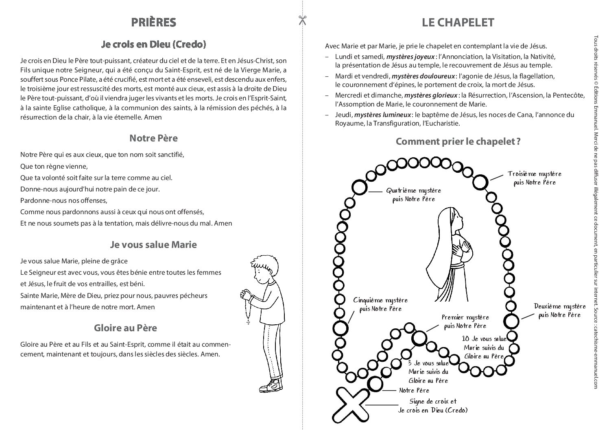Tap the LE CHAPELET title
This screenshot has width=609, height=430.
click(x=458, y=22)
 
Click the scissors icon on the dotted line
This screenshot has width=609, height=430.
click(x=302, y=20)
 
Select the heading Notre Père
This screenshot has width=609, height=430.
click(x=153, y=138)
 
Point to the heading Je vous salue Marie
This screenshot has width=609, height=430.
click(x=153, y=245)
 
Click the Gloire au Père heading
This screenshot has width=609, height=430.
click(x=125, y=328)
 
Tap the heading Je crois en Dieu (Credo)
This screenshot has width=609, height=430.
click(x=153, y=44)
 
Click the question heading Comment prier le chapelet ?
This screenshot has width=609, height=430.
click(x=458, y=141)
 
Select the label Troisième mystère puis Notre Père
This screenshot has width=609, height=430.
click(x=534, y=178)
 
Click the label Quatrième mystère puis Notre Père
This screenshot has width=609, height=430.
click(x=413, y=195)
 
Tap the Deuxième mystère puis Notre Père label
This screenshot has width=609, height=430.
click(x=559, y=311)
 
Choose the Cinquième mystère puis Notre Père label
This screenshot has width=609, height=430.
click(x=380, y=304)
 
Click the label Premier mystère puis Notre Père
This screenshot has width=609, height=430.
click(x=465, y=321)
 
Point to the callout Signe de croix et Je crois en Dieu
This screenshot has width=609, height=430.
click(x=432, y=406)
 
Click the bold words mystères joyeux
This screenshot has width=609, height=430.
click(x=410, y=56)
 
